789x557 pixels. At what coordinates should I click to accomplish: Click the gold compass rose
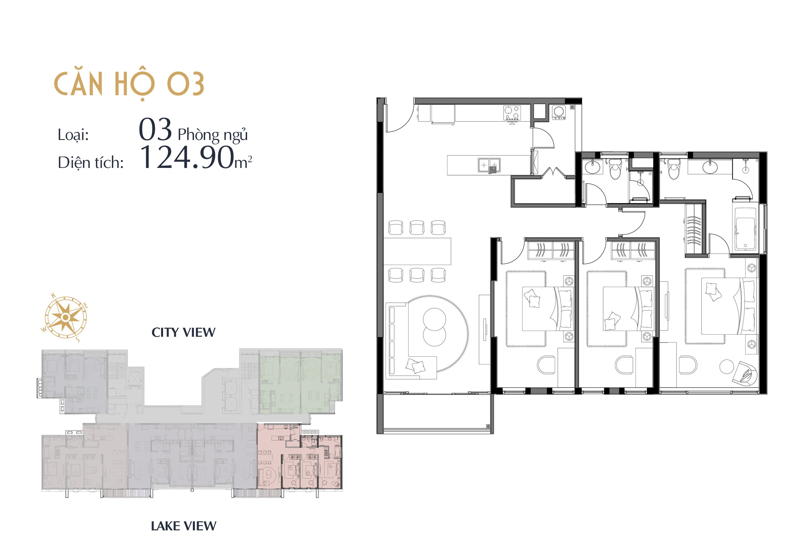click(65, 317)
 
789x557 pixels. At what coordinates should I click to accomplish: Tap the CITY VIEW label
click(183, 332)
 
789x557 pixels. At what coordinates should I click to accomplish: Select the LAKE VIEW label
click(184, 526)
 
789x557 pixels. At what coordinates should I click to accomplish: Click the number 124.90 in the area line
click(187, 157)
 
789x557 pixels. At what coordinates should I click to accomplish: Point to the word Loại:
click(73, 135)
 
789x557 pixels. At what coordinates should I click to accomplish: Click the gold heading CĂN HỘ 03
click(129, 84)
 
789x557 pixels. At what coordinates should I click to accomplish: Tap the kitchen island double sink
click(489, 165)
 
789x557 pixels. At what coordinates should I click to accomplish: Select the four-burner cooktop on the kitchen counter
click(512, 113)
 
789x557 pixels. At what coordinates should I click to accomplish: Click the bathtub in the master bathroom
click(745, 229)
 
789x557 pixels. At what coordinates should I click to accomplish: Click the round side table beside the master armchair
click(726, 367)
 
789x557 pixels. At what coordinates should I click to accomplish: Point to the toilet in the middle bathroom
click(615, 169)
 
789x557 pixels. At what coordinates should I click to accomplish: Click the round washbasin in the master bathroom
click(710, 168)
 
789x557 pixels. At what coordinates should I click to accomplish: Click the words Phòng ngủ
click(212, 135)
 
